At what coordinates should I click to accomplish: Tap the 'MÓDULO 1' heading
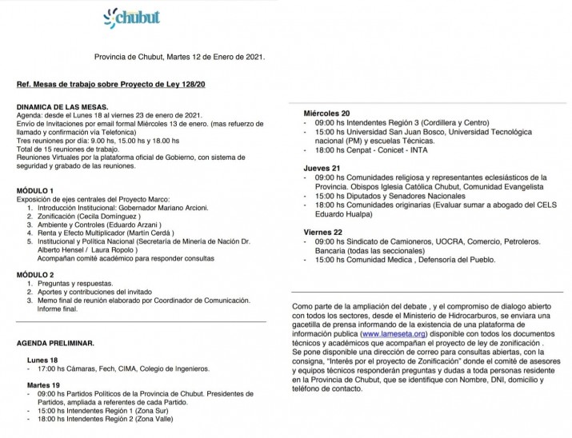pyautogui.click(x=35, y=190)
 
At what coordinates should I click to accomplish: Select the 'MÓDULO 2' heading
pyautogui.click(x=35, y=273)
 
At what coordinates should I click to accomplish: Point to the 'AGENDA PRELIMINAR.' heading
pyautogui.click(x=55, y=342)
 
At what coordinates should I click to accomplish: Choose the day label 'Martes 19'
pyautogui.click(x=44, y=385)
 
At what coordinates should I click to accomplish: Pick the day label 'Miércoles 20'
pyautogui.click(x=326, y=113)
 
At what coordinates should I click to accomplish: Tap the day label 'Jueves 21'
pyautogui.click(x=321, y=168)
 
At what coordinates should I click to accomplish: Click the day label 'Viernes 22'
pyautogui.click(x=322, y=232)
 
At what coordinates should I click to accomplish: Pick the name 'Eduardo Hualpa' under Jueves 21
pyautogui.click(x=340, y=213)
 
